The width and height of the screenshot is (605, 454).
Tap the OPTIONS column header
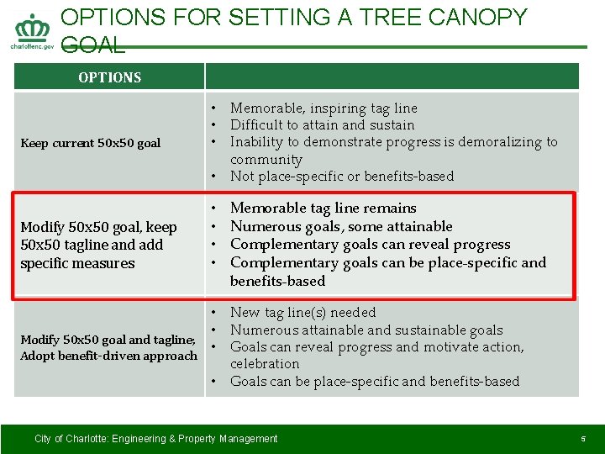109,77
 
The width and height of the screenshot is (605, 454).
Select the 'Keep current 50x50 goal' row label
90,143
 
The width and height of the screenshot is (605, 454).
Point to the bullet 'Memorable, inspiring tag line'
324,108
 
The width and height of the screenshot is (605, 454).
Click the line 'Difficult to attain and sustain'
322,125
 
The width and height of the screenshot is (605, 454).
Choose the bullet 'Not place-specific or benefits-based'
341,177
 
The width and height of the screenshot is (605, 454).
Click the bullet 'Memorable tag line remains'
323,208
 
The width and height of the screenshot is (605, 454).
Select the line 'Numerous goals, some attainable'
341,226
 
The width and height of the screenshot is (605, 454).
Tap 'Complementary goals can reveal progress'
370,245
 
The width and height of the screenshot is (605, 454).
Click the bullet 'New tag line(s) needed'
302,313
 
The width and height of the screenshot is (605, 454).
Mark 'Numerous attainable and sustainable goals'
366,330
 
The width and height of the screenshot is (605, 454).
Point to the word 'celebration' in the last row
265,364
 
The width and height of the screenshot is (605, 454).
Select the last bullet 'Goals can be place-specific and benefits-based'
375,382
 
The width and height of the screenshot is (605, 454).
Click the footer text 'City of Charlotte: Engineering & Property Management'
155,439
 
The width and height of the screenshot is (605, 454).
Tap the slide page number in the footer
582,439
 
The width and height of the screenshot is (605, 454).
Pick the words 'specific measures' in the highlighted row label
77,264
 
